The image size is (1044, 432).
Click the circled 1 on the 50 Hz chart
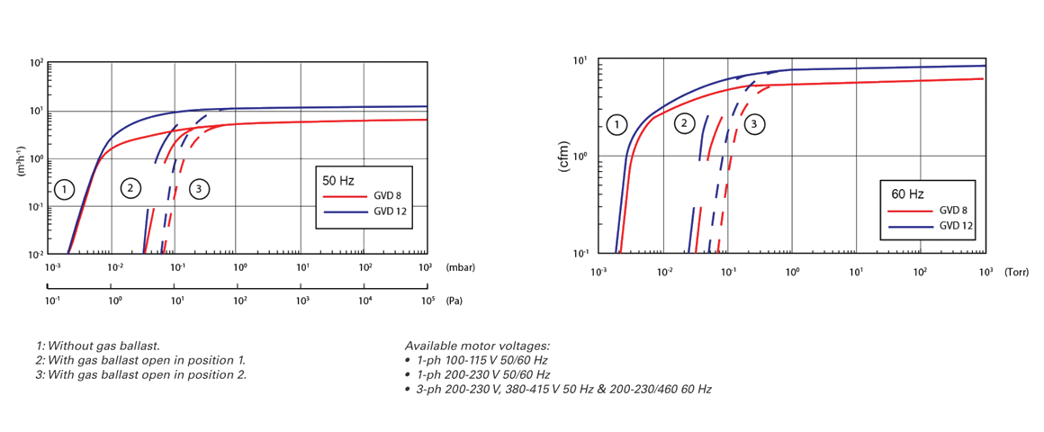63,189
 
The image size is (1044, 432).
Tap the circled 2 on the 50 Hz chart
130,188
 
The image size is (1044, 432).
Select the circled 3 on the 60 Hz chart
756,124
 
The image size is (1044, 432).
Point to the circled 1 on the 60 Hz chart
616,124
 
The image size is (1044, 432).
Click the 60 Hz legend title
904,193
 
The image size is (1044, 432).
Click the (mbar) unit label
460,267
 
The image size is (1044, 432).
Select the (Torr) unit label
1017,272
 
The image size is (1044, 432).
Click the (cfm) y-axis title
565,156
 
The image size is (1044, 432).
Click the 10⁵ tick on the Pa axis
427,300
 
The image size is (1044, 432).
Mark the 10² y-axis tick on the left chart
37,64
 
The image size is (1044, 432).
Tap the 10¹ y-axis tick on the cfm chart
580,60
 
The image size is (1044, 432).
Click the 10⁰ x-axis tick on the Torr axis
792,272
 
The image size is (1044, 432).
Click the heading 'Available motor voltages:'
477,346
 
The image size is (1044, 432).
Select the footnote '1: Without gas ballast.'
98,346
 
